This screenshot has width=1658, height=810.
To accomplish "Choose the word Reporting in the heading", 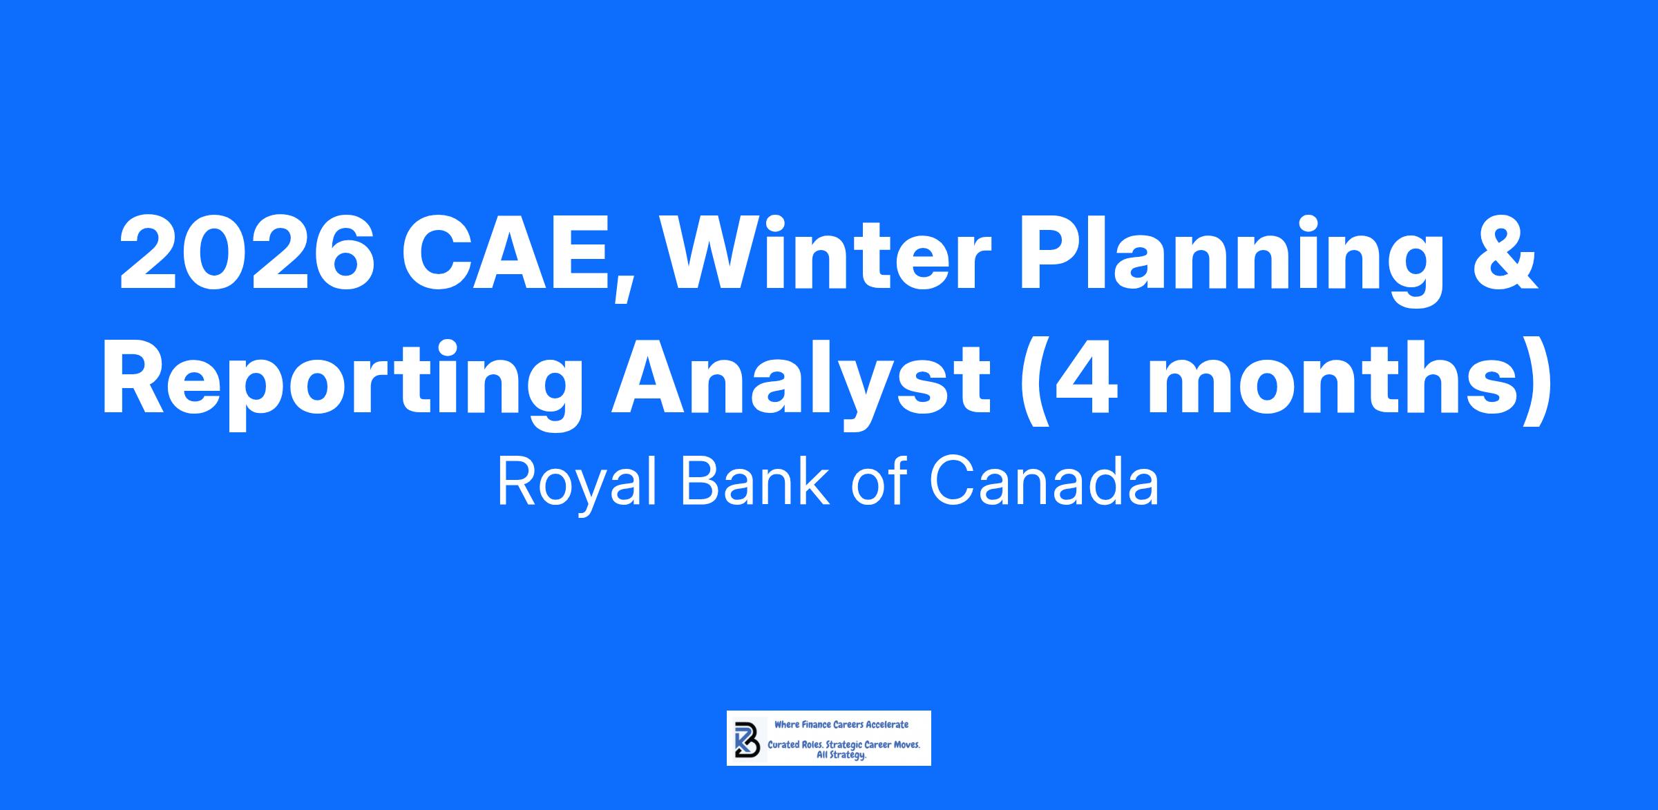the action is tap(345, 383).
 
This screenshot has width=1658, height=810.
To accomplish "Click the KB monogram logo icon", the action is tap(746, 738).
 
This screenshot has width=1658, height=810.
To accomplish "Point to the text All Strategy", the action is tap(841, 755).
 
